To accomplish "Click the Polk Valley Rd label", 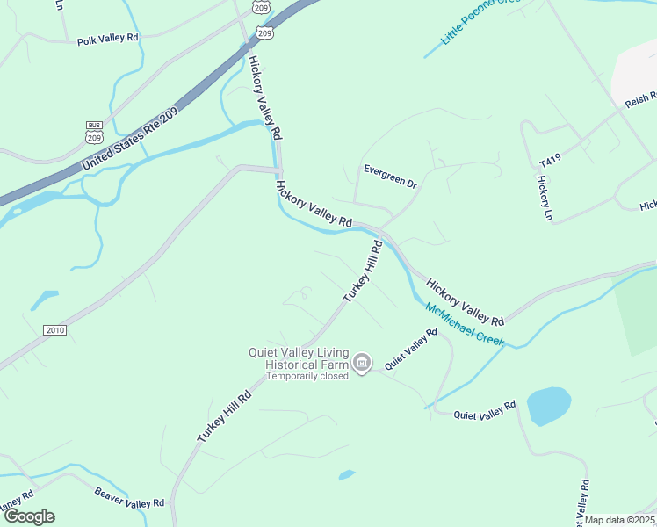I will coord(108,40).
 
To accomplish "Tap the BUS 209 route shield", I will coord(94,132).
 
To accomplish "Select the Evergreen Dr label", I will coord(390,176).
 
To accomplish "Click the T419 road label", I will coord(550,161).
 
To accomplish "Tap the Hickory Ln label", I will coord(543,198).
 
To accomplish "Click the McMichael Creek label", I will coord(465,324).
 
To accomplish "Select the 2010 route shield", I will coord(54,329).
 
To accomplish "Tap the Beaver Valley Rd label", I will coord(129,497).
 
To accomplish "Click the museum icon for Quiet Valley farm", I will coord(361,362).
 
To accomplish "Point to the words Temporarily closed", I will coord(307,375).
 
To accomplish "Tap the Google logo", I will coord(29,516).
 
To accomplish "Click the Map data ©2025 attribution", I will coord(620,520).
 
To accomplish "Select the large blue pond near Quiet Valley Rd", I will coord(549,406).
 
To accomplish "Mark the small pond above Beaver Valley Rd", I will coord(347,475).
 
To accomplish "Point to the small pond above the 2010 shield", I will coord(44,300).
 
